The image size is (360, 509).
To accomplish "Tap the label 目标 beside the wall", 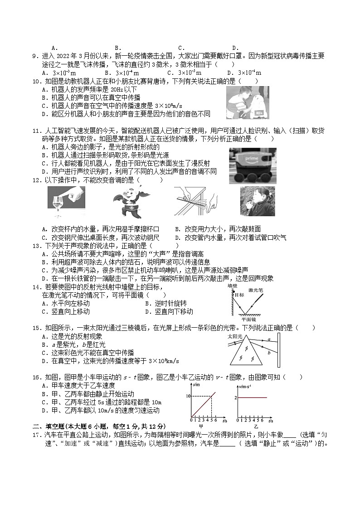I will click(x=239, y=295).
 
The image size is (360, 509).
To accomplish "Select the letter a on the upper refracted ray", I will click(x=269, y=339).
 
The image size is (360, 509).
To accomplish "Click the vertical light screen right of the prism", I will click(x=277, y=351).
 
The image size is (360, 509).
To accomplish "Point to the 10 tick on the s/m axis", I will click(x=187, y=397).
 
